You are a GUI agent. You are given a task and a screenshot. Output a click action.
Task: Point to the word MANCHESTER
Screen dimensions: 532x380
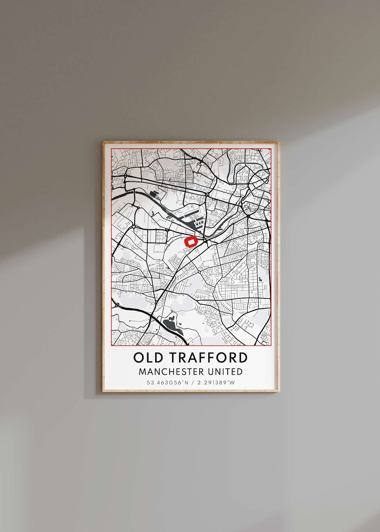[x=168, y=372]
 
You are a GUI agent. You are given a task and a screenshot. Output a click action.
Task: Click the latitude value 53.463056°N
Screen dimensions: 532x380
[x=165, y=382]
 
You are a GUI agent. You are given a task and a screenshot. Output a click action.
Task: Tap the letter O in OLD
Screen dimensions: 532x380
[x=139, y=357]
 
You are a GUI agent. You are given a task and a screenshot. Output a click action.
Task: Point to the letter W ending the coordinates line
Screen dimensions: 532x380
[x=232, y=382]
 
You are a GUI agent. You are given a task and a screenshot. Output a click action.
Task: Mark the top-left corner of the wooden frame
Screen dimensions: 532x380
[x=103, y=142]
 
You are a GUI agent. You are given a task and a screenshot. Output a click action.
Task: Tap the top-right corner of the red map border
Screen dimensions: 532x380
[x=271, y=148]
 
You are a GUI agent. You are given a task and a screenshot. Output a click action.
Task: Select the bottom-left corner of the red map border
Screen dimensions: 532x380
[x=111, y=346]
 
